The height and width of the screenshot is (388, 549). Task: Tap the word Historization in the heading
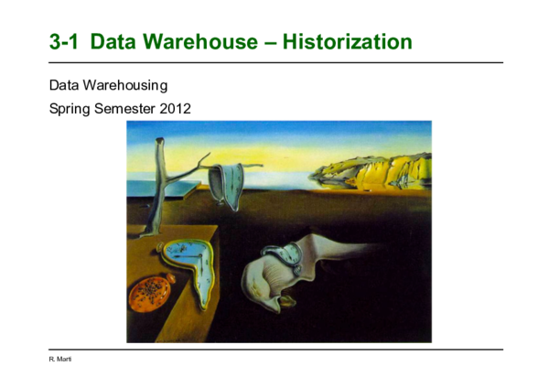pyautogui.click(x=347, y=41)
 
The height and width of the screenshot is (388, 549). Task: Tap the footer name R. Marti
pyautogui.click(x=59, y=359)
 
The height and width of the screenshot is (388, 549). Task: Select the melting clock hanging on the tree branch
pyautogui.click(x=223, y=183)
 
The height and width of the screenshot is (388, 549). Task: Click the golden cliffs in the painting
pyautogui.click(x=375, y=170)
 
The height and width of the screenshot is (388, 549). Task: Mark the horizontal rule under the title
pyautogui.click(x=274, y=62)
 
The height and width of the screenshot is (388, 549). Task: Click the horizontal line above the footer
pyautogui.click(x=274, y=349)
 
